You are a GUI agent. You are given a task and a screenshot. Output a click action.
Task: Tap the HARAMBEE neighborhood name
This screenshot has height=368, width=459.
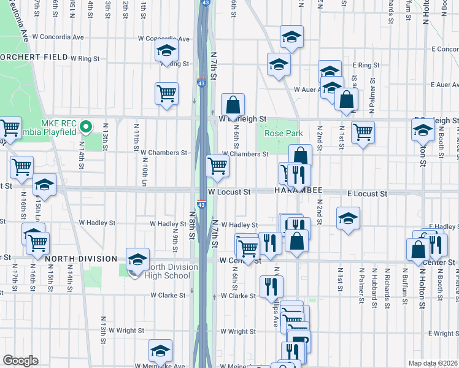coord(297,191)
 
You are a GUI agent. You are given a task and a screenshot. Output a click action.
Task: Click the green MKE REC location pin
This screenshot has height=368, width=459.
coord(86,128)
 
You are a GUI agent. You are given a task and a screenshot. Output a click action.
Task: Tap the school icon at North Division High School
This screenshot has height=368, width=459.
coord(137,259)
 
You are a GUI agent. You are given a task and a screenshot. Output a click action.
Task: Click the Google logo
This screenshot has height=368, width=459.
coord(20,361)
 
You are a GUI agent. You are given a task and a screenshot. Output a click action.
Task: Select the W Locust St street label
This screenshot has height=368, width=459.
coord(229,192)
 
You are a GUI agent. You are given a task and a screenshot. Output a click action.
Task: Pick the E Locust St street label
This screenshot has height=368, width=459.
coord(367,193)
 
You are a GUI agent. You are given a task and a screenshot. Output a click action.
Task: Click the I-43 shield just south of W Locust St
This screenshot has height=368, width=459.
coord(201,204)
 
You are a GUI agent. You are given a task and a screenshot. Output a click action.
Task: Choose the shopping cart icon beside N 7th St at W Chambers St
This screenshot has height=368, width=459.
coord(217,166)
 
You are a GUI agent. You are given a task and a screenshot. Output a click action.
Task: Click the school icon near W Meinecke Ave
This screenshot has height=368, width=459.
coord(160,351)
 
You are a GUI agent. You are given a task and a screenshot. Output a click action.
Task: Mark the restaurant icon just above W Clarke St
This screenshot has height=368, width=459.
coord(271,286)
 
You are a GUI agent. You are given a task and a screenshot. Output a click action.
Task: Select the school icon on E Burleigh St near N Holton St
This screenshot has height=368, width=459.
coord(422,130)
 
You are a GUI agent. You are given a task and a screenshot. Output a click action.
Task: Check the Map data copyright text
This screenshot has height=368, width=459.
coord(433,363)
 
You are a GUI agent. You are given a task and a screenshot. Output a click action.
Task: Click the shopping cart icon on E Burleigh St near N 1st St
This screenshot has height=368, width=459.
coord(363,131)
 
